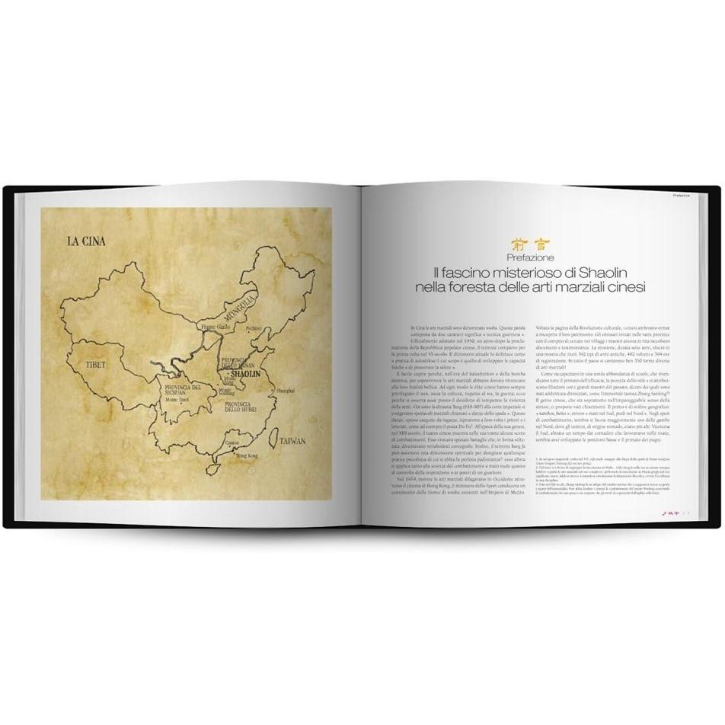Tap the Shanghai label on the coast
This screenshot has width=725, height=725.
point(285,390)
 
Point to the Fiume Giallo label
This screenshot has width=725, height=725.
point(214,327)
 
